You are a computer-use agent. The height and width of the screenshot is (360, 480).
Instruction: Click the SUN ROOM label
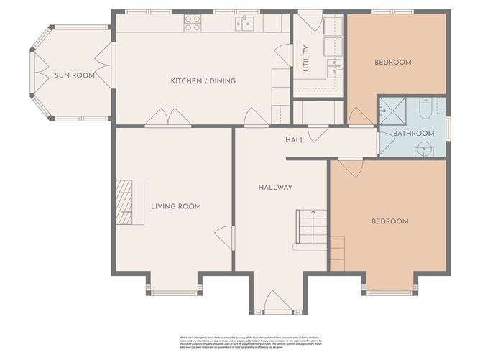(x=75, y=75)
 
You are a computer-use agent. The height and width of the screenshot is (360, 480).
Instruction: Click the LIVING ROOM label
(x=175, y=206)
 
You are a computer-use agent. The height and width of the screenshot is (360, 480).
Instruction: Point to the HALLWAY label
(x=275, y=188)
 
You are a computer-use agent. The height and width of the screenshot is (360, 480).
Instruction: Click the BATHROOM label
(x=413, y=134)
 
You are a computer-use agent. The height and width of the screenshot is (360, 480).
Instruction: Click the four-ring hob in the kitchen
(x=192, y=23)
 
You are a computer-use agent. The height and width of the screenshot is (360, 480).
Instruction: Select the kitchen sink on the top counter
(x=246, y=24)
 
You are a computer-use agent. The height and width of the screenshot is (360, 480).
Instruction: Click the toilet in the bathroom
(x=424, y=109)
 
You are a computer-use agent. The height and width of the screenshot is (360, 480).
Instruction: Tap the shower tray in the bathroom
(x=392, y=110)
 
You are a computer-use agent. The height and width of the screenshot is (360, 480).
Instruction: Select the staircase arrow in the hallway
(x=312, y=213)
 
